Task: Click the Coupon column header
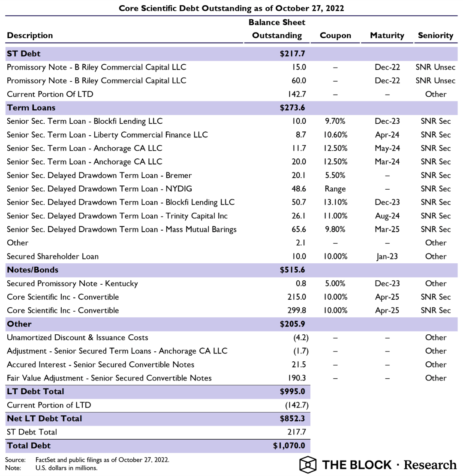(x=335, y=36)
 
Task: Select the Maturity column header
(x=387, y=36)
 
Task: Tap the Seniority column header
(x=435, y=36)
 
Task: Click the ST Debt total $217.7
(x=292, y=54)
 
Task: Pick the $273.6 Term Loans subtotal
(x=292, y=108)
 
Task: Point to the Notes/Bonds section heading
(x=33, y=270)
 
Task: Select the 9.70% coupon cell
(x=336, y=122)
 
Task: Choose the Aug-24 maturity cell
(x=387, y=216)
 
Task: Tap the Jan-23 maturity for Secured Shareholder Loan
(x=387, y=256)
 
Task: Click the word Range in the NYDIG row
(x=336, y=189)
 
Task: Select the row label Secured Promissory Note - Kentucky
(x=72, y=283)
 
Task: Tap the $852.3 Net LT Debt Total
(x=292, y=418)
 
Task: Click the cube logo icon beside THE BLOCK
(x=307, y=464)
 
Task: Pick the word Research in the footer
(x=430, y=464)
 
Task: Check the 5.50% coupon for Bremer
(x=336, y=176)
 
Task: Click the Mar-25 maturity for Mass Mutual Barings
(x=387, y=229)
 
